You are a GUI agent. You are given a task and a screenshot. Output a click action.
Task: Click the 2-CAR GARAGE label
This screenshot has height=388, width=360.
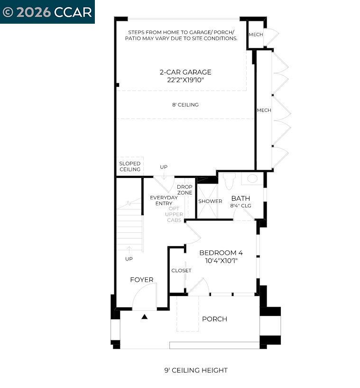185,72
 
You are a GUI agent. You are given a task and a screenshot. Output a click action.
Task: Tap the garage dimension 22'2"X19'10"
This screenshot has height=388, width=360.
185,80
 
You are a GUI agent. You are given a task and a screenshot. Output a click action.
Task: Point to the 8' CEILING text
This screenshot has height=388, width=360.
185,105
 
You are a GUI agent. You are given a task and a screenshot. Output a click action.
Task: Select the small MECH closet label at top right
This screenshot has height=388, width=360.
256,35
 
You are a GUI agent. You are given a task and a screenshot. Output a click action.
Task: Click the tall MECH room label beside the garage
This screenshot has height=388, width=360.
264,110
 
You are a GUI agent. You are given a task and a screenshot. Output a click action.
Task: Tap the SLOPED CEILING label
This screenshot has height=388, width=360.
129,166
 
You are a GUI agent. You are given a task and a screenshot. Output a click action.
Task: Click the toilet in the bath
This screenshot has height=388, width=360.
230,180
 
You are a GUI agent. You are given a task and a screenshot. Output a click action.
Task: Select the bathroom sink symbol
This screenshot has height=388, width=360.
253,179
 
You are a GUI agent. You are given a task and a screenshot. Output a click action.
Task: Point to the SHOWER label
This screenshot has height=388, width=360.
210,201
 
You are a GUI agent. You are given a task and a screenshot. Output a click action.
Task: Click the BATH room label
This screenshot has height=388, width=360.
240,198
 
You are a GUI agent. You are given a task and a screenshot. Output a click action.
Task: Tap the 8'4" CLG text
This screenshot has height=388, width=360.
240,206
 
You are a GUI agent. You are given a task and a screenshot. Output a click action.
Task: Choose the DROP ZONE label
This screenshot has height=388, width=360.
185,190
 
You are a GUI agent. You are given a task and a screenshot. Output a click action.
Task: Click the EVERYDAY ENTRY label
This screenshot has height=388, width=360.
161,200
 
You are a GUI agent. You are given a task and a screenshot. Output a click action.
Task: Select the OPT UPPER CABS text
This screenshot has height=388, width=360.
174,214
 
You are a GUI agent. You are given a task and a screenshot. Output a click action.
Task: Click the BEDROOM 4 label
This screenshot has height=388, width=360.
221,253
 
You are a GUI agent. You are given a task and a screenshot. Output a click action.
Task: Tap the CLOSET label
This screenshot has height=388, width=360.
181,270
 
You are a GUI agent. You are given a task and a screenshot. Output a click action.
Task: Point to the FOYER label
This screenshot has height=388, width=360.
142,280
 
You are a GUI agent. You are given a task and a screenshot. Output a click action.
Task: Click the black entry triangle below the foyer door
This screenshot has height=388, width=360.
145,316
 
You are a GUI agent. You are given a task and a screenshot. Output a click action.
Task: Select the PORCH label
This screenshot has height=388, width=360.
214,319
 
